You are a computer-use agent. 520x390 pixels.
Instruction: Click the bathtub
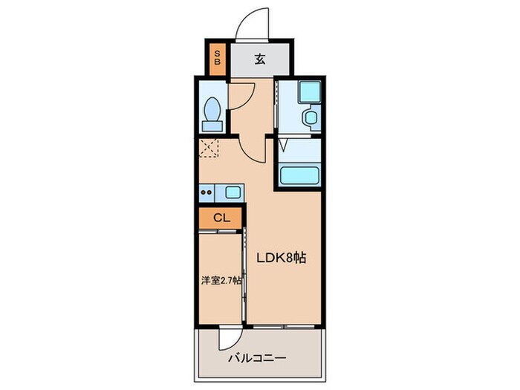tap(299, 177)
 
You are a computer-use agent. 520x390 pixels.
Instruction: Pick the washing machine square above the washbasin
tap(306, 93)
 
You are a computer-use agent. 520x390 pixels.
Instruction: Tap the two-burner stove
tap(208, 193)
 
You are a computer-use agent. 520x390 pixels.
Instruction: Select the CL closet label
tap(221, 218)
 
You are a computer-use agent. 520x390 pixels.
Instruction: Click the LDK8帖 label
tap(283, 258)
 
